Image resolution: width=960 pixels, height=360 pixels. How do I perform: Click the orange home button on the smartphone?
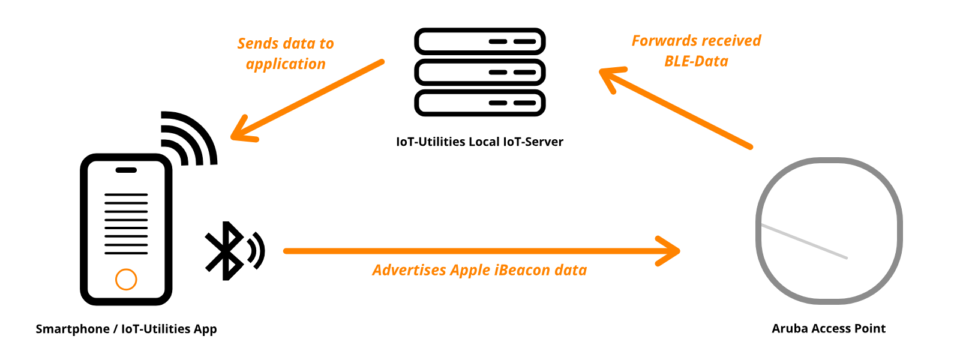pos(126,279)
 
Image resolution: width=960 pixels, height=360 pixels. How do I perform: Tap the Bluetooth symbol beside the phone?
pos(226,251)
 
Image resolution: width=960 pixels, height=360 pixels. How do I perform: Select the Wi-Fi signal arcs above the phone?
pos(188,139)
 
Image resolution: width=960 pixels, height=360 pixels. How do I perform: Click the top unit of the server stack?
pos(479,42)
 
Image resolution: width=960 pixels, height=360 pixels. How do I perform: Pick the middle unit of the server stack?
pos(479,73)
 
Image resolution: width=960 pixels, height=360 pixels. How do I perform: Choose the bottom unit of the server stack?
pos(479,103)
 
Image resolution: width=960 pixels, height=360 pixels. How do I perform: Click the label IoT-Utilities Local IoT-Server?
pos(479,142)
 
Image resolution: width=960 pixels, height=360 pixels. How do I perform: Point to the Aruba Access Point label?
pos(828,329)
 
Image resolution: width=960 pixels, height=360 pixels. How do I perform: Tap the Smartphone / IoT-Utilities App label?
pos(126,329)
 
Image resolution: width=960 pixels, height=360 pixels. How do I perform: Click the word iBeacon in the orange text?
pos(521,271)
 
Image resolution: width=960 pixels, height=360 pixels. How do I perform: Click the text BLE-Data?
pos(696,61)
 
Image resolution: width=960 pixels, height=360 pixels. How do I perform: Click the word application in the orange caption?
pos(286,64)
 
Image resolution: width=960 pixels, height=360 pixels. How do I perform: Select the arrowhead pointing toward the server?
pos(611,77)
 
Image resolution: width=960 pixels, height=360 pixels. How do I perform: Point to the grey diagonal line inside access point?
pos(804,241)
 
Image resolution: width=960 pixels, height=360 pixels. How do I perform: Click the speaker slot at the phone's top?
pos(126,170)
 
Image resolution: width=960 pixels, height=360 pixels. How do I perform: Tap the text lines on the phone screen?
pos(126,224)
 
